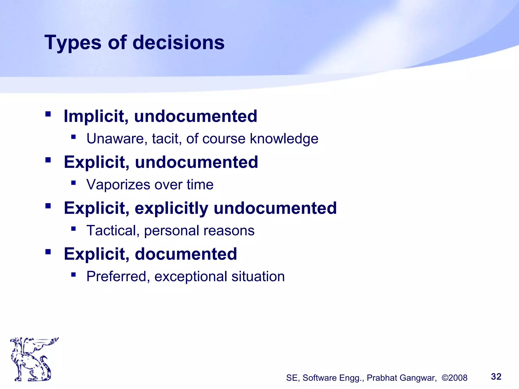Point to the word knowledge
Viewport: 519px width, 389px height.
coord(284,139)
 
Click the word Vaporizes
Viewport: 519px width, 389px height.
coord(118,185)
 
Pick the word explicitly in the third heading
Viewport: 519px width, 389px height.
coord(172,208)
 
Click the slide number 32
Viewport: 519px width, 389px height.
coord(496,377)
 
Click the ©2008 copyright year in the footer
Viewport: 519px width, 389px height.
coord(454,378)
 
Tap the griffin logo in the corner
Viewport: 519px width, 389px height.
coord(33,359)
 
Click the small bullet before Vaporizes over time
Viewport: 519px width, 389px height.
coord(73,183)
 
